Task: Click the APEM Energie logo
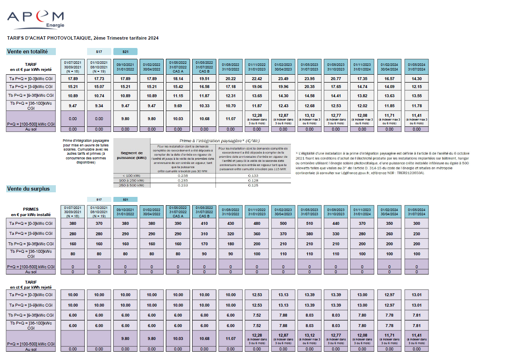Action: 35,19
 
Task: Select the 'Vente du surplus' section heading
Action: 28,189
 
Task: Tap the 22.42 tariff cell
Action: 257,78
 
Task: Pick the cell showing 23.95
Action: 310,78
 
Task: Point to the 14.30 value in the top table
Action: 416,78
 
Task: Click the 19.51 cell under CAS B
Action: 204,78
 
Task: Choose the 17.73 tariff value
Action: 99,78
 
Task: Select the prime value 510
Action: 310,223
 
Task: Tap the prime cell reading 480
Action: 257,223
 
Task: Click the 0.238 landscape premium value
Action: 183,176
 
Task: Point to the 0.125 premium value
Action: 253,185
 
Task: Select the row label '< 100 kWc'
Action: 132,176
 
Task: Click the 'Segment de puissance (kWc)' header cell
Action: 132,155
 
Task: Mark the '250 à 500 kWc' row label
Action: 132,185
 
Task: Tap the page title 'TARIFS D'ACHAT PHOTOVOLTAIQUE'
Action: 83,38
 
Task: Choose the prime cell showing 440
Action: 336,223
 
